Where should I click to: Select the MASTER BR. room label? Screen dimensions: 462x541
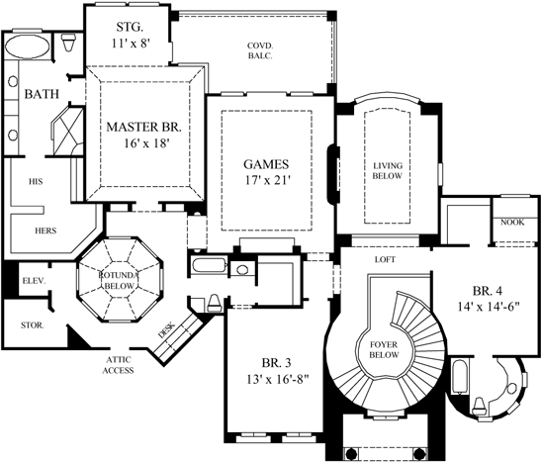point(145,135)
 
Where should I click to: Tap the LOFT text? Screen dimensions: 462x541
point(386,259)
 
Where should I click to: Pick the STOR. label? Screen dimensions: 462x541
point(31,324)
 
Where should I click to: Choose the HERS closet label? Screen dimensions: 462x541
point(43,230)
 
